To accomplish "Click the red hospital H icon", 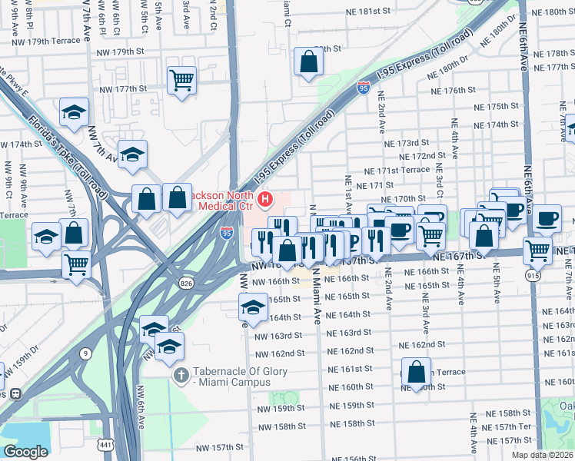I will point(266,200).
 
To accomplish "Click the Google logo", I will point(25,451).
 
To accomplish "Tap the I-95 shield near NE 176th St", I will point(362,89).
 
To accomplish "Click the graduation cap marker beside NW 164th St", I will point(251,307).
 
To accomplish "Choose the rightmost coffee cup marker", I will point(547,218).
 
